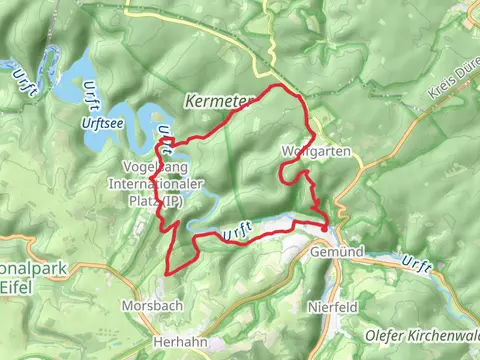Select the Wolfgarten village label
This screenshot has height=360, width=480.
[309, 153]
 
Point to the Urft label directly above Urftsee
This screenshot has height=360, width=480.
[96, 94]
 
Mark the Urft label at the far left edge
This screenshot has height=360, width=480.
[22, 78]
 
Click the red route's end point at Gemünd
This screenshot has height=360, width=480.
[324, 228]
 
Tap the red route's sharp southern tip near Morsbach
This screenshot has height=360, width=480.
[167, 271]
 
